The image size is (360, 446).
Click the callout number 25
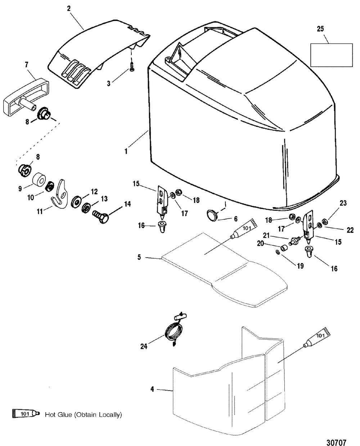pyautogui.click(x=320, y=29)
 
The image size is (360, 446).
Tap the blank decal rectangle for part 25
pyautogui.click(x=331, y=55)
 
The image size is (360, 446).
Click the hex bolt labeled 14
pyautogui.click(x=100, y=217)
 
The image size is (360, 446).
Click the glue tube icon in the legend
pyautogui.click(x=26, y=414)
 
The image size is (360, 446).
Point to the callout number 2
pyautogui.click(x=69, y=9)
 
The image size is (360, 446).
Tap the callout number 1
pyautogui.click(x=126, y=151)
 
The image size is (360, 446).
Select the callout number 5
pyautogui.click(x=139, y=257)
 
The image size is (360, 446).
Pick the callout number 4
pyautogui.click(x=152, y=389)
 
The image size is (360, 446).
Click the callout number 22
pyautogui.click(x=350, y=230)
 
